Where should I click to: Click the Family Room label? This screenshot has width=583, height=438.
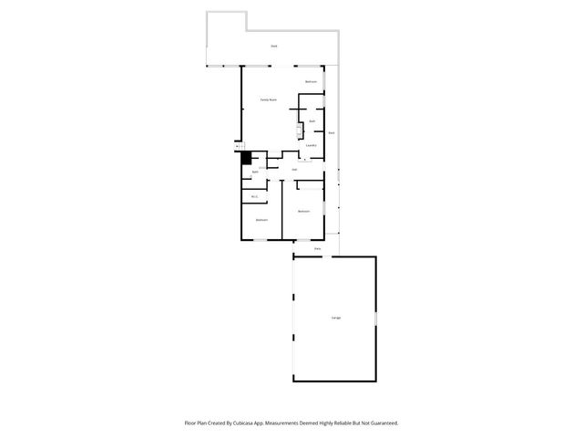(x=269, y=99)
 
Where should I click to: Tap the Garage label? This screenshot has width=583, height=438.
(x=336, y=318)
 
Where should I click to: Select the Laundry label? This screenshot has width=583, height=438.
(x=311, y=145)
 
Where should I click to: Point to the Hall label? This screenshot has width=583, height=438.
(x=295, y=170)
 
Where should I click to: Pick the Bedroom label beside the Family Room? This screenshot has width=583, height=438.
(x=311, y=82)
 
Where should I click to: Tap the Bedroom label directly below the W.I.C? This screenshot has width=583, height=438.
(x=261, y=220)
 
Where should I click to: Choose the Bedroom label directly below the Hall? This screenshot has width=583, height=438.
(x=304, y=212)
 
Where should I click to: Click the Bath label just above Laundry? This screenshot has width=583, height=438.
(x=312, y=121)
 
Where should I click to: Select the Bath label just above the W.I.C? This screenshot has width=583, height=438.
(x=256, y=172)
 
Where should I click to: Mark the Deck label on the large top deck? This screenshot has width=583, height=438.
(x=273, y=46)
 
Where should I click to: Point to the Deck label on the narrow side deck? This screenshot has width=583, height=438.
(x=332, y=133)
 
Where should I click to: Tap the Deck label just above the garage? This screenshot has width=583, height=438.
(x=317, y=248)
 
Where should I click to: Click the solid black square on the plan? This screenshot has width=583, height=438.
(x=244, y=157)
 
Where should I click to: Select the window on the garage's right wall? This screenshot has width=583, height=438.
(x=375, y=318)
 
